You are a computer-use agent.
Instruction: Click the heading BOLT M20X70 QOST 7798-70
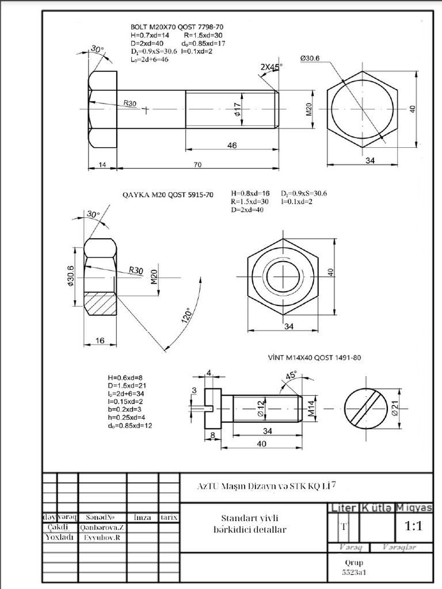[x=176, y=27]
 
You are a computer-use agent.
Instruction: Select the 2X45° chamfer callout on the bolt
[x=271, y=67]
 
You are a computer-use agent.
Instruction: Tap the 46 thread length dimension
[x=231, y=146]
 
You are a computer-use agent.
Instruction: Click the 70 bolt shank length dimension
[x=197, y=165]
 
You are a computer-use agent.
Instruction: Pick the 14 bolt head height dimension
[x=102, y=165]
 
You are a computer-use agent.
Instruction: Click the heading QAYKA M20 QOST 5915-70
[x=167, y=195]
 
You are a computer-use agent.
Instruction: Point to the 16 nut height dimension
[x=100, y=341]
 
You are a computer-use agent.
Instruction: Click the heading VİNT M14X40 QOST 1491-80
[x=314, y=357]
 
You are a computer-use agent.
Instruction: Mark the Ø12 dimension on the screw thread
[x=261, y=407]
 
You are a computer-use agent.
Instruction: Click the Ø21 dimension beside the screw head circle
[x=395, y=408]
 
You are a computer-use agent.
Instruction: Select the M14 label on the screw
[x=311, y=407]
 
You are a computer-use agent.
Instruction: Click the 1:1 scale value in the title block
[x=413, y=526]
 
